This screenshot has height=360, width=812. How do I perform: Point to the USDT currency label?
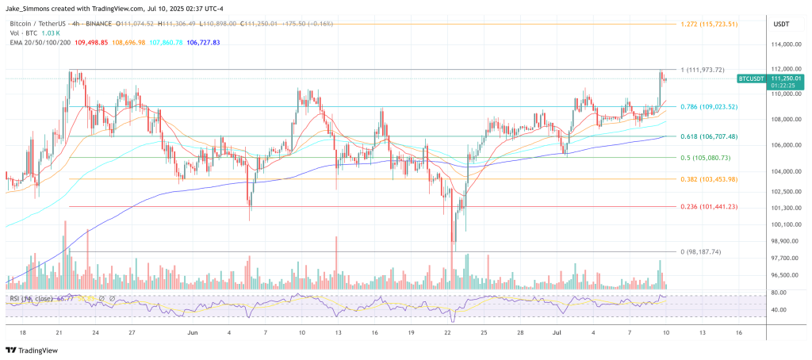tap(782, 25)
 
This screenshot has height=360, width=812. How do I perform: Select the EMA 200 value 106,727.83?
tap(198, 42)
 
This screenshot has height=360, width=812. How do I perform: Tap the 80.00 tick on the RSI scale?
tap(778, 293)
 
